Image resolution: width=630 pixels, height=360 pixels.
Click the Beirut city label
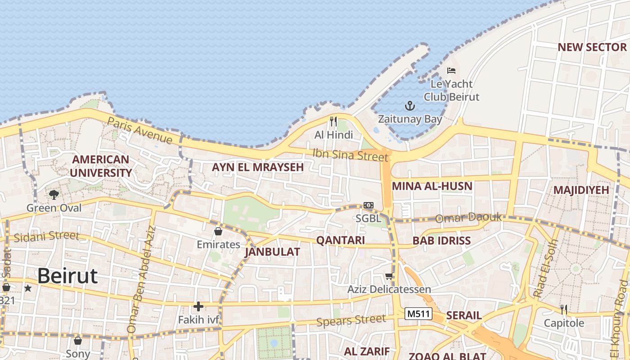tap(67, 275)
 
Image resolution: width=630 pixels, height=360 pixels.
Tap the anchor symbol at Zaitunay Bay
tap(409, 106)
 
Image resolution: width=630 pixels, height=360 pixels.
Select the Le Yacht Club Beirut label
tap(451, 90)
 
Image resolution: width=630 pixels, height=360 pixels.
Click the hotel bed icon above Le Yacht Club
tap(451, 71)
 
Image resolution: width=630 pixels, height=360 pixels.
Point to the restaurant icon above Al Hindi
tap(333, 121)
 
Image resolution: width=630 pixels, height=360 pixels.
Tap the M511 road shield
tap(418, 314)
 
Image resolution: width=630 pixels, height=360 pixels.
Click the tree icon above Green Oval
tap(54, 194)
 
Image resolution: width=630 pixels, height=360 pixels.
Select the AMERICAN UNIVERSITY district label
tap(101, 166)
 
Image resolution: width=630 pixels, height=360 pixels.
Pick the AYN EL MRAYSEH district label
tap(258, 167)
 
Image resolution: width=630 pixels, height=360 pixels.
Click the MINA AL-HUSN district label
tap(432, 186)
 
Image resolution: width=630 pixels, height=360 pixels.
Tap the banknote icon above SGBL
tap(369, 205)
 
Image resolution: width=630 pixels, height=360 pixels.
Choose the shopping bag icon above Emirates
tap(218, 231)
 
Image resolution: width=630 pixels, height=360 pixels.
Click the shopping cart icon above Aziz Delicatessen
tap(389, 276)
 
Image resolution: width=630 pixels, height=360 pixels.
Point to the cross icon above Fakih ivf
tap(198, 307)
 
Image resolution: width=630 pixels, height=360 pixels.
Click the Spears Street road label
tap(351, 320)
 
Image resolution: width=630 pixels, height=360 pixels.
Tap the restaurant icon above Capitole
tap(563, 310)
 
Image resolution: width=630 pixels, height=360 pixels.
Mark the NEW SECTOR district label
tap(592, 47)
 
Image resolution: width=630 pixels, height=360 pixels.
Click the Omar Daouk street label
tap(468, 218)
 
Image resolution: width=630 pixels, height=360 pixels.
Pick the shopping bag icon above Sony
tap(78, 341)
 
